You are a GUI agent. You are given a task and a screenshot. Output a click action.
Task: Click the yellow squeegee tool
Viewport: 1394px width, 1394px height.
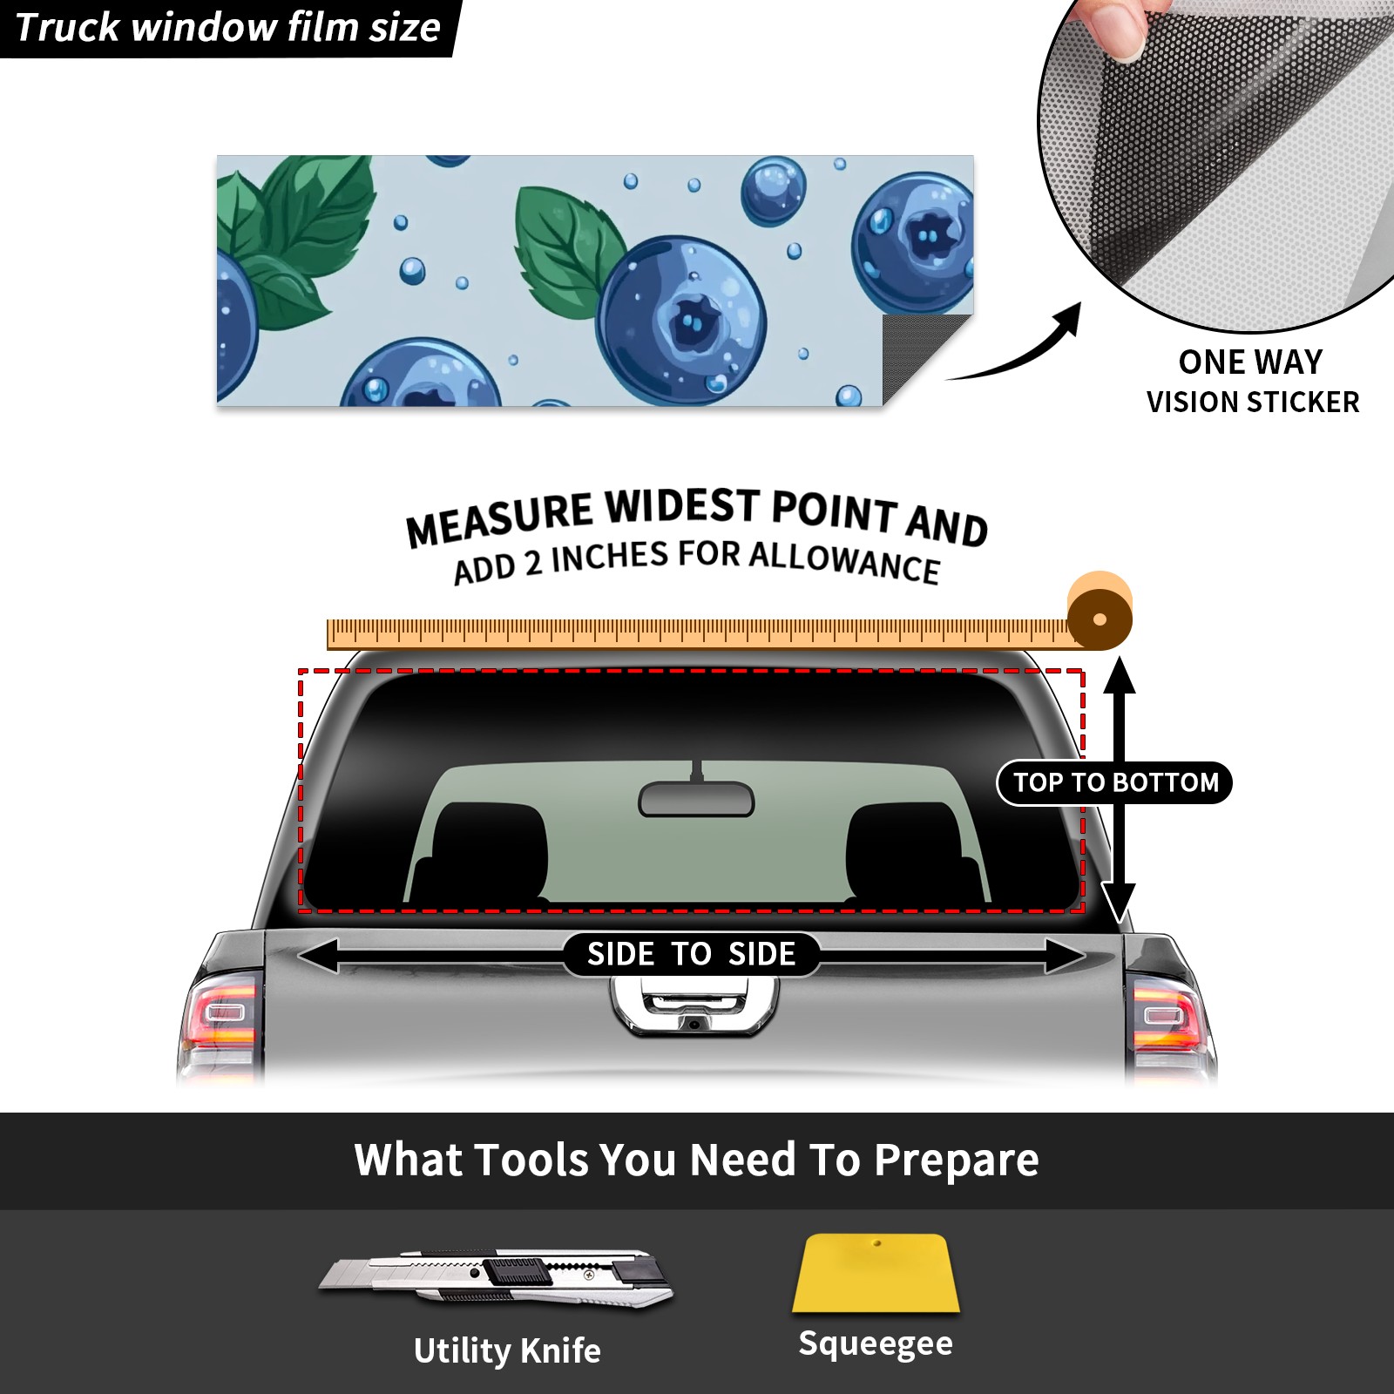point(876,1273)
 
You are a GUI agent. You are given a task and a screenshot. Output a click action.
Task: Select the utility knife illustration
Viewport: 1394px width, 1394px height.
point(495,1278)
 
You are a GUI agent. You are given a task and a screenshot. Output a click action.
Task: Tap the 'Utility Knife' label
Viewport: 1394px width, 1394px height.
point(507,1350)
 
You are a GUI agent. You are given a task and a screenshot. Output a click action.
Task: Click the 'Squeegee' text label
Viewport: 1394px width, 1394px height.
point(876,1343)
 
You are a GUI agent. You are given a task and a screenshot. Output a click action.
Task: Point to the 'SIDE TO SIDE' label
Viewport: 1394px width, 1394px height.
point(691,954)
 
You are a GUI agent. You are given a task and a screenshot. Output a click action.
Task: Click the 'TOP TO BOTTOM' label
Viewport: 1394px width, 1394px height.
point(1115,782)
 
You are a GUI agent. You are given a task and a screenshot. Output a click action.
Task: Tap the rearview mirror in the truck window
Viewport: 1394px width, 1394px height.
point(696,797)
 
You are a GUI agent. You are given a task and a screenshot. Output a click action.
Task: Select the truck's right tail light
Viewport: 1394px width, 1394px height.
point(1169,1019)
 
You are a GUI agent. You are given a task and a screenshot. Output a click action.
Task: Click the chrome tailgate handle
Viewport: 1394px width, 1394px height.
point(694,1006)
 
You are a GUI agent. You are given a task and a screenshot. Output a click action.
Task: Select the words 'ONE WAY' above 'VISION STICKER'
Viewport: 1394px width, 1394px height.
point(1250,362)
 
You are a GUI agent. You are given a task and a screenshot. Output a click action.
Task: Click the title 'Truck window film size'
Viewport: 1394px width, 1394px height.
point(228,27)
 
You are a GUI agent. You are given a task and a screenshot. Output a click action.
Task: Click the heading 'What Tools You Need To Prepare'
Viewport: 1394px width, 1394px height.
point(696,1160)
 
